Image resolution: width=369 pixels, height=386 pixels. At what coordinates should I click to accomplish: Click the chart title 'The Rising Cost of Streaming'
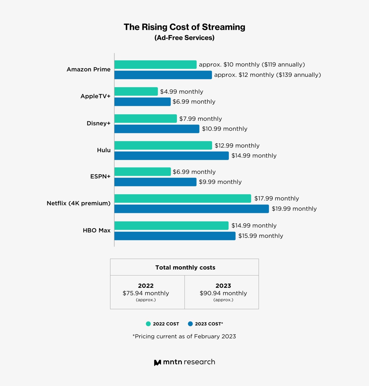click(184, 27)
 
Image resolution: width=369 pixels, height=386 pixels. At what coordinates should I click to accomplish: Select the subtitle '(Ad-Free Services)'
click(184, 38)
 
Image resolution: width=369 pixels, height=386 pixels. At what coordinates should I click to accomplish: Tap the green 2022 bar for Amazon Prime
click(155, 65)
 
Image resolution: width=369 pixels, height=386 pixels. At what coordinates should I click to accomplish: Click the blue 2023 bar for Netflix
click(191, 209)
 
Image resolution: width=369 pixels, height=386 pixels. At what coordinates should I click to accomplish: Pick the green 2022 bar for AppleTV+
click(136, 91)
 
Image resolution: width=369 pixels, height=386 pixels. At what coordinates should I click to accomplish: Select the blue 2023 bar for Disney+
click(157, 129)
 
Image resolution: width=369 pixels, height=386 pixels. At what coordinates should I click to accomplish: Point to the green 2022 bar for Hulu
click(163, 146)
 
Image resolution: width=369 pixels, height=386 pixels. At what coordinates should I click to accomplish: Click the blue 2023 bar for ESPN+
click(155, 182)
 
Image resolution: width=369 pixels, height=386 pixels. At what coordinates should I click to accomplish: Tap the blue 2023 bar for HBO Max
click(175, 236)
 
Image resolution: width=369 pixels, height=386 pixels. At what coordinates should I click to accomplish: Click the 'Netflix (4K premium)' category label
click(79, 203)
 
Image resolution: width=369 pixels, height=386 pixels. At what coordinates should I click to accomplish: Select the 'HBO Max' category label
click(97, 230)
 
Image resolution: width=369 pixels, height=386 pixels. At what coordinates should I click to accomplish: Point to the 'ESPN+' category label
click(100, 176)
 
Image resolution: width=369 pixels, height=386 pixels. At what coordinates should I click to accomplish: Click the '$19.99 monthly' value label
click(294, 209)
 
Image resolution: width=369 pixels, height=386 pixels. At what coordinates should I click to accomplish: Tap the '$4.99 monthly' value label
click(181, 92)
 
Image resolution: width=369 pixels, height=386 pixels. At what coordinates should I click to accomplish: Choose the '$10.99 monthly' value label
click(225, 129)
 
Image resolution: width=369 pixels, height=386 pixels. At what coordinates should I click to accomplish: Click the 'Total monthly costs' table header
click(185, 267)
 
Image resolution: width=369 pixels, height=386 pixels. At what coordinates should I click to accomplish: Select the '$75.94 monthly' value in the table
click(146, 293)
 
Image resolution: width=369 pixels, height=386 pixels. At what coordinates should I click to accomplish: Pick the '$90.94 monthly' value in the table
click(223, 293)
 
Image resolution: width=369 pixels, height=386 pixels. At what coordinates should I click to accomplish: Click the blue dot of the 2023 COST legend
click(190, 324)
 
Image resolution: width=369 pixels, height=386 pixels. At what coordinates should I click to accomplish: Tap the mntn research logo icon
click(157, 363)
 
